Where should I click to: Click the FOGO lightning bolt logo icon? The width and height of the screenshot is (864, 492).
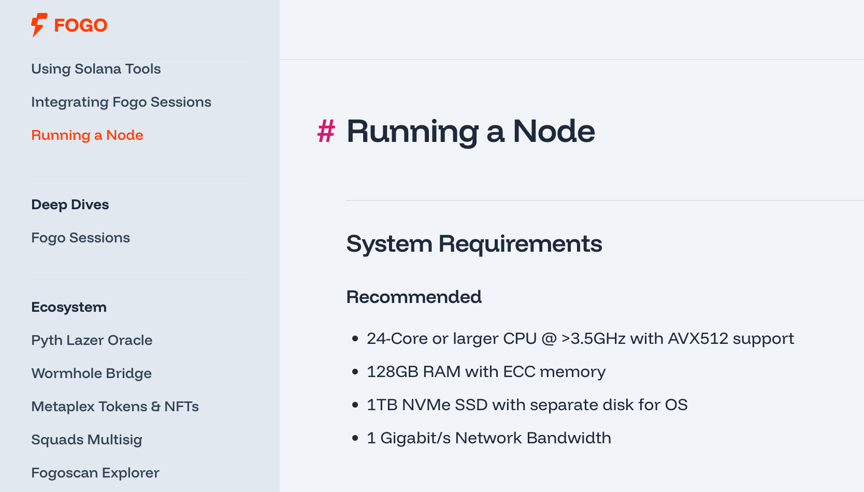38,25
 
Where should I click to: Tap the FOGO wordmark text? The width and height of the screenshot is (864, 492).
81,25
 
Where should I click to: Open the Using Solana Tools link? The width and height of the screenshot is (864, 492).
96,69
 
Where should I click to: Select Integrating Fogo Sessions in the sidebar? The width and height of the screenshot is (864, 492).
121,102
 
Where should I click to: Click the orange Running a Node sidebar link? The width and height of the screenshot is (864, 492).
87,135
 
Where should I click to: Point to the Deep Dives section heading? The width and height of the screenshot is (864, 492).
70,205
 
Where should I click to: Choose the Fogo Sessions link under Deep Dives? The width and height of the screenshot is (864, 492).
80,238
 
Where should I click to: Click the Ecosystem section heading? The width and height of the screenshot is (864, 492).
69,307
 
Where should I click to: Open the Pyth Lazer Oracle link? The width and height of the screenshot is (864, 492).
92,340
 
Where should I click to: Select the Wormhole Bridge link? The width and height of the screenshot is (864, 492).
91,373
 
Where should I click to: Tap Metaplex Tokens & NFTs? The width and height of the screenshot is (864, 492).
115,407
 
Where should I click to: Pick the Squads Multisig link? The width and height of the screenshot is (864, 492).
87,440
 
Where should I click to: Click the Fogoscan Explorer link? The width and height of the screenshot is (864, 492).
95,473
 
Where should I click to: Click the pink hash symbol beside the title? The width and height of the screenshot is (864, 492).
326,131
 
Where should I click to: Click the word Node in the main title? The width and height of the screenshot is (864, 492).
554,131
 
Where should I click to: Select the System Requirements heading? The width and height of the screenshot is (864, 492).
474,244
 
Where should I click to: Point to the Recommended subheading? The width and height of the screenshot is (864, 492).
414,297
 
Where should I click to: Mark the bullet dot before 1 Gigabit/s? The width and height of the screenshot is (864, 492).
355,438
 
